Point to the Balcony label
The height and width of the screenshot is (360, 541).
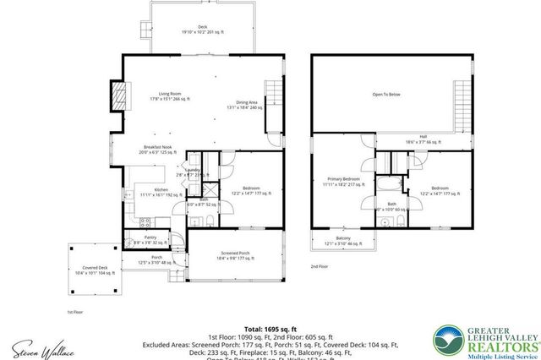pyautogui.click(x=343, y=240)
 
